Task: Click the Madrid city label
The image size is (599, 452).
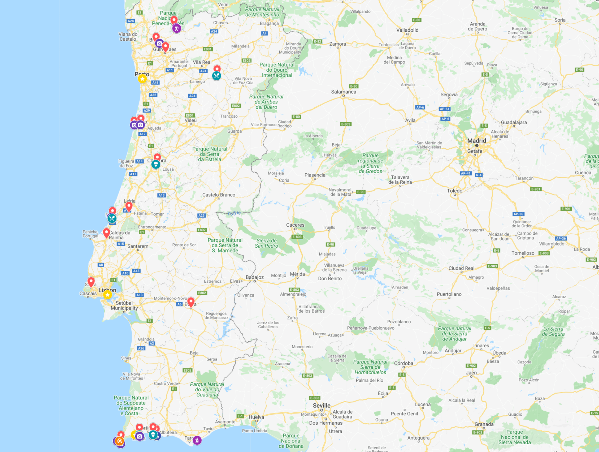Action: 477,141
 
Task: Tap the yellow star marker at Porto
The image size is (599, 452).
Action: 142,79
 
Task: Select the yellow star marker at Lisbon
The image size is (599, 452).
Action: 107,295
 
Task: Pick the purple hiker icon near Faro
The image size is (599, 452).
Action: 197,440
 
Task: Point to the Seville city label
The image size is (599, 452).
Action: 322,405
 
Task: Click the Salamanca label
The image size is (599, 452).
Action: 343,92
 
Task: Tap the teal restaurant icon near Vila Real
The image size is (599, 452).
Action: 216,76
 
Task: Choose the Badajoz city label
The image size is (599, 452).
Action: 255,277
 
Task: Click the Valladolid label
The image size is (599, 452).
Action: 407,30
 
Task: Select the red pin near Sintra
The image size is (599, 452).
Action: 91,282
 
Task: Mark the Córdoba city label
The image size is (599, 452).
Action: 403,363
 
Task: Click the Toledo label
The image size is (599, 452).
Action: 455,191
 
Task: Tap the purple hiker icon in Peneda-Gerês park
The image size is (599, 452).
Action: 177,28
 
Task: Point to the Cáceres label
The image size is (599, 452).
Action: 295,225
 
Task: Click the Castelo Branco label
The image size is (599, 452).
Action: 219,195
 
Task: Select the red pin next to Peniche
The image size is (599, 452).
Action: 106,233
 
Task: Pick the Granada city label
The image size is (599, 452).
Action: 484,424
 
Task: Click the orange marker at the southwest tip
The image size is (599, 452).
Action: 119,441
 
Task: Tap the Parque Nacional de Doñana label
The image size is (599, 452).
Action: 291,441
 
